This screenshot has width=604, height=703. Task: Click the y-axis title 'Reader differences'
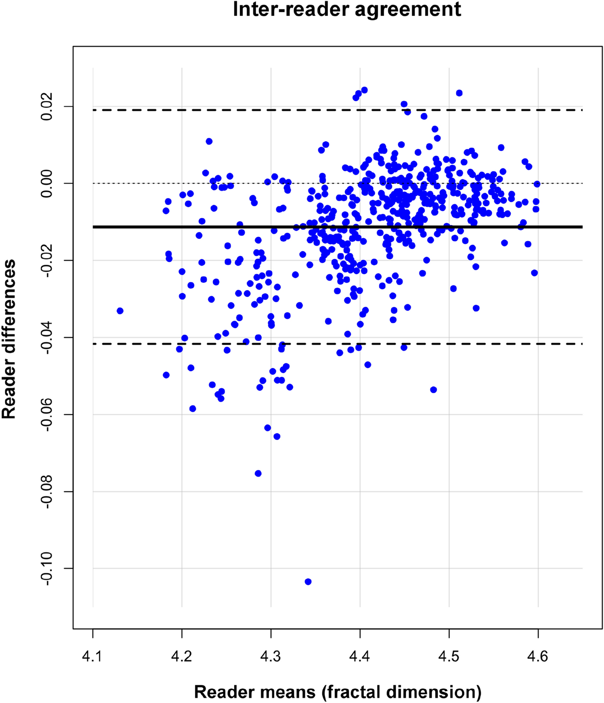(x=9, y=339)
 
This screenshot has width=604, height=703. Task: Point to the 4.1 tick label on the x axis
(x=93, y=656)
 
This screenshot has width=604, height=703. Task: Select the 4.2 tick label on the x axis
(x=182, y=656)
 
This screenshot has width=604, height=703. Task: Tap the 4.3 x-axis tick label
(x=271, y=656)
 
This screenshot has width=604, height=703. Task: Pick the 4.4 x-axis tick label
(x=360, y=656)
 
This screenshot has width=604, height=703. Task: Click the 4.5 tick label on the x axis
(x=449, y=656)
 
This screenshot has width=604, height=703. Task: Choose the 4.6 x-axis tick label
(x=538, y=656)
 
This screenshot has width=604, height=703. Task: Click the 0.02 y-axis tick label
(x=47, y=107)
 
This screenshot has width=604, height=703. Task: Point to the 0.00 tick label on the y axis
(x=47, y=184)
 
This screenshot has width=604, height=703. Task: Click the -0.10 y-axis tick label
(x=47, y=569)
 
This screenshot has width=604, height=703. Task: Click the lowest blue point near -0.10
(x=308, y=582)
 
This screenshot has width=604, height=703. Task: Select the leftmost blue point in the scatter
(x=120, y=311)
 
